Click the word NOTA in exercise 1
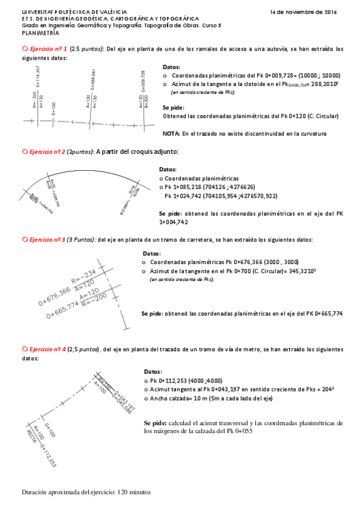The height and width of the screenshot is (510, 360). pos(172,134)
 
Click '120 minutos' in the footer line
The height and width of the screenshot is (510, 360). pos(133,493)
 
